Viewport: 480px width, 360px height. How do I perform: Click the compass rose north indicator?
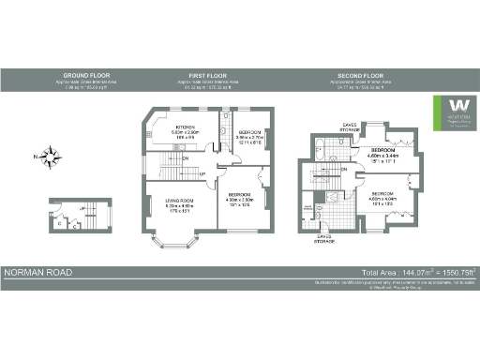pyautogui.click(x=53, y=154)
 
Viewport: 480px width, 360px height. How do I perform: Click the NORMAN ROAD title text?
pyautogui.click(x=37, y=273)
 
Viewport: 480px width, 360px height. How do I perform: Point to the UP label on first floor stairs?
pyautogui.click(x=202, y=173)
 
